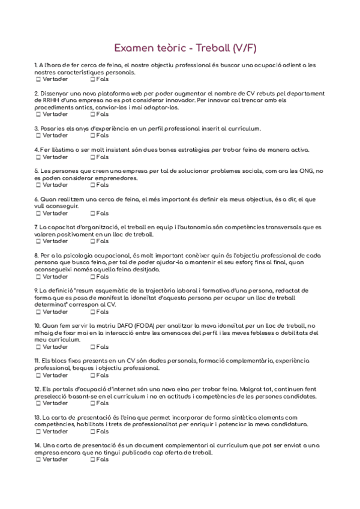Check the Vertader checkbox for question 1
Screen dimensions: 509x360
click(38, 79)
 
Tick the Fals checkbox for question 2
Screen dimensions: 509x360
click(92, 114)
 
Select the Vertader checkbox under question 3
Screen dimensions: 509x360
click(38, 136)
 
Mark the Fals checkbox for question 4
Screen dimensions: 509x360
click(92, 157)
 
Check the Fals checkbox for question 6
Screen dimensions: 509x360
click(92, 213)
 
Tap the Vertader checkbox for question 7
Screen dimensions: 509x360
click(38, 241)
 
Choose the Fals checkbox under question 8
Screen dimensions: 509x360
click(92, 277)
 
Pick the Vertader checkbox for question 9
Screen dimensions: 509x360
click(38, 312)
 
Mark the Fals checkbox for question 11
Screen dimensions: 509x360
click(92, 375)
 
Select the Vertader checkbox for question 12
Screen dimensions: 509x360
click(38, 403)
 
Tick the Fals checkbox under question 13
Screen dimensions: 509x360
click(92, 432)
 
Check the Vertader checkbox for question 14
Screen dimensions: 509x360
click(38, 460)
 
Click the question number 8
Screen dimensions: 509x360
click(37, 256)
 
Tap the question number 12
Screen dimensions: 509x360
click(37, 390)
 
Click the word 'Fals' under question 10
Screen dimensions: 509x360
click(103, 347)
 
